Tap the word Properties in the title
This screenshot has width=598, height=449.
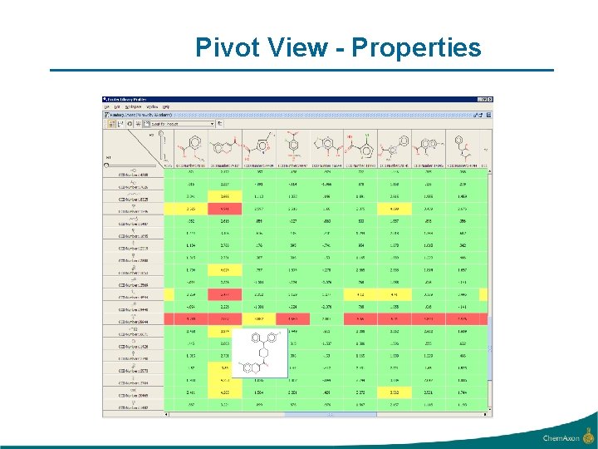[x=416, y=48]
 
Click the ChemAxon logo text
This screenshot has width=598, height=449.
[x=561, y=438]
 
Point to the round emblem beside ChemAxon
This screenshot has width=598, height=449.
[x=588, y=436]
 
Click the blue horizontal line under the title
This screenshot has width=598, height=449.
[x=301, y=70]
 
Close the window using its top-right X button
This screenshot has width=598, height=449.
[x=489, y=100]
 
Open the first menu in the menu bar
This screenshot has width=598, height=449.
[x=106, y=107]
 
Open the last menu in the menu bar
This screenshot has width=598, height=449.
[x=165, y=107]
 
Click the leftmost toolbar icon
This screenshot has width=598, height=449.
[x=108, y=123]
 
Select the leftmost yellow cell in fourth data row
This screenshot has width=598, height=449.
[x=191, y=209]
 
